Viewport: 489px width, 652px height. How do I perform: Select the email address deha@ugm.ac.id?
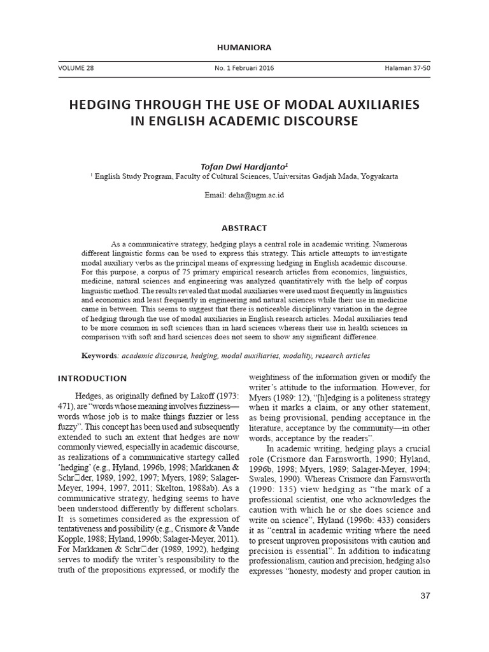click(x=257, y=195)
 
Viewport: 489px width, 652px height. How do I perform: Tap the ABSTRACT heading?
click(x=244, y=228)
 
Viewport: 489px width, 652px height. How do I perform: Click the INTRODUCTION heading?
click(x=92, y=378)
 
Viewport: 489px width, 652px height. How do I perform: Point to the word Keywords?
click(x=99, y=355)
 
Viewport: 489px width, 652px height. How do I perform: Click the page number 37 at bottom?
click(x=426, y=595)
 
